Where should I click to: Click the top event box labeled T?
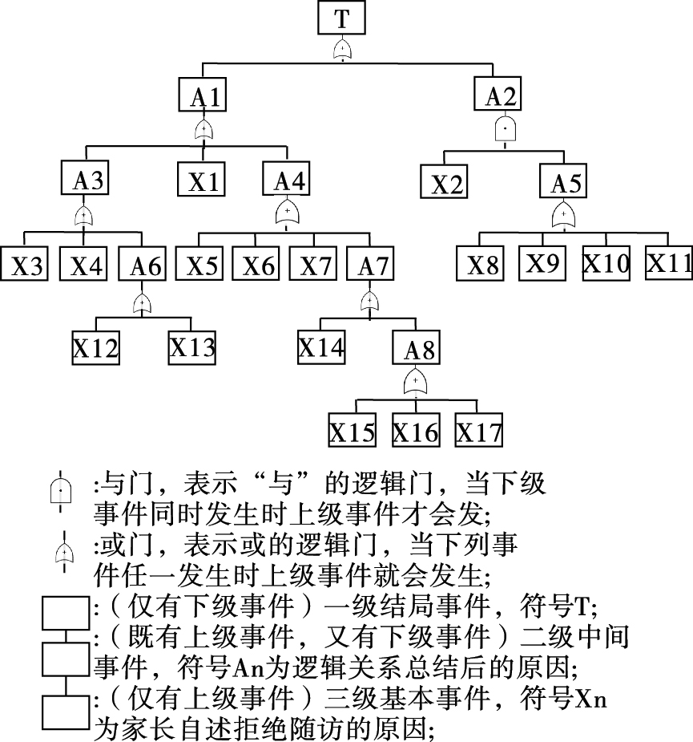(x=342, y=18)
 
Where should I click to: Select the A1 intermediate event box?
(x=204, y=95)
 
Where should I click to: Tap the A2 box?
(x=502, y=95)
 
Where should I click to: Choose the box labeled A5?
(x=566, y=182)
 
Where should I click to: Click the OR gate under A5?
(x=565, y=215)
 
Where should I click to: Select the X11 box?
(x=670, y=263)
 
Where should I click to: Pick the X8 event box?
(x=484, y=264)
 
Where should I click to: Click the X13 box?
(x=192, y=347)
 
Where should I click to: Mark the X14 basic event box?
(x=321, y=347)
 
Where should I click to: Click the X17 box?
(x=479, y=432)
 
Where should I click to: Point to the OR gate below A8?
(x=415, y=380)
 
